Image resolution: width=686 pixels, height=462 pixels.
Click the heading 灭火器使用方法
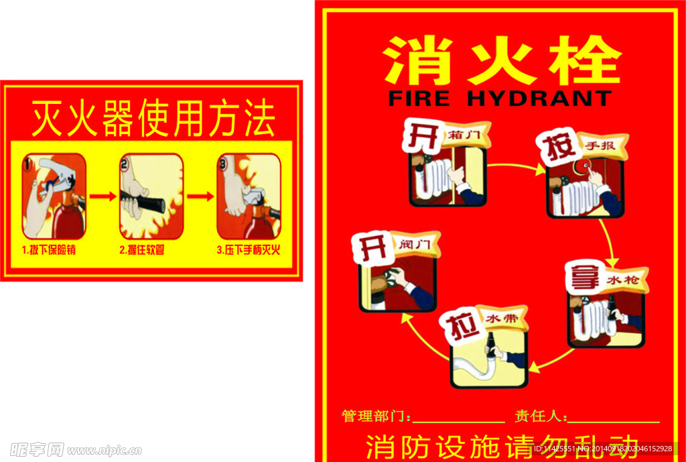pyautogui.click(x=153, y=119)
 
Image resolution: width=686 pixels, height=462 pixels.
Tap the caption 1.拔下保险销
pyautogui.click(x=53, y=250)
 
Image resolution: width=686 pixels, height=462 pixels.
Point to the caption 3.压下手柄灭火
pyautogui.click(x=248, y=250)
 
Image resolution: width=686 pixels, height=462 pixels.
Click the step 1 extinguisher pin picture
pyautogui.click(x=54, y=196)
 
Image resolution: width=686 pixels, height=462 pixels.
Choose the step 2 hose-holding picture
pyautogui.click(x=151, y=196)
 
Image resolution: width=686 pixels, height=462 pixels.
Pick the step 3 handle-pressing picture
pyautogui.click(x=249, y=196)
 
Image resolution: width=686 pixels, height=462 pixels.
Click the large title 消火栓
pyautogui.click(x=501, y=60)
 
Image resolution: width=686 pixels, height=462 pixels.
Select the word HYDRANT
pyautogui.click(x=539, y=99)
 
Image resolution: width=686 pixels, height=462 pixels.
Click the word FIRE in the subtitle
pyautogui.click(x=419, y=99)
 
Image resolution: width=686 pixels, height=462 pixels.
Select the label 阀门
pyautogui.click(x=415, y=245)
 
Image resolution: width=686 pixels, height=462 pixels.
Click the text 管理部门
pyautogui.click(x=374, y=416)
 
